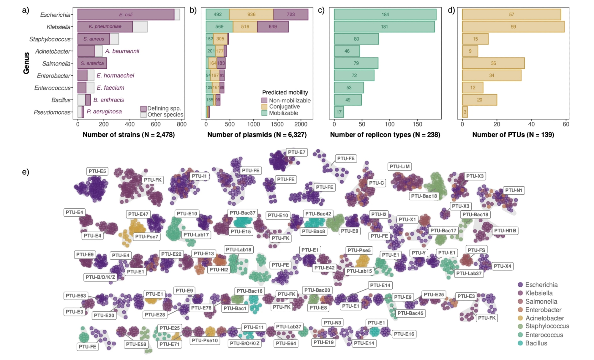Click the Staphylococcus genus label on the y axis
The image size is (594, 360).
click(50, 39)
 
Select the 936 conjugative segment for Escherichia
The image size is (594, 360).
click(251, 15)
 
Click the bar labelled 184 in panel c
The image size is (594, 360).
click(385, 15)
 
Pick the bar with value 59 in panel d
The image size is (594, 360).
click(513, 27)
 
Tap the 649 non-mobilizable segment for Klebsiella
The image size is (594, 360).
click(273, 27)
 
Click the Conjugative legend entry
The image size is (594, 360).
click(284, 107)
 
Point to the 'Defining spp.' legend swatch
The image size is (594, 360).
click(143, 109)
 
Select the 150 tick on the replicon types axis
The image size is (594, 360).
click(417, 124)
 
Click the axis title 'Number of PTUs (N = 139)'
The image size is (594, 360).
click(513, 135)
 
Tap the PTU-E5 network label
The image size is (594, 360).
click(97, 171)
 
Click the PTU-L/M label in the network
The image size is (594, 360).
click(399, 166)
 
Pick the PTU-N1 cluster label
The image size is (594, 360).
click(514, 190)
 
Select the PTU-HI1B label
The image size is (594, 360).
click(505, 231)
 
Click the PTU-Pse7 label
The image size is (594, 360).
click(146, 237)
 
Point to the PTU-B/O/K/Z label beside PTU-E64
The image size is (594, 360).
click(245, 343)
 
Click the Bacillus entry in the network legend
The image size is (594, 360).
click(536, 343)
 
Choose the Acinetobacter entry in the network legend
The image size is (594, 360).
click(544, 318)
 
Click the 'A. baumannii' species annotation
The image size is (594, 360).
click(122, 51)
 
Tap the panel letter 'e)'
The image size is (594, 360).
click(26, 172)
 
